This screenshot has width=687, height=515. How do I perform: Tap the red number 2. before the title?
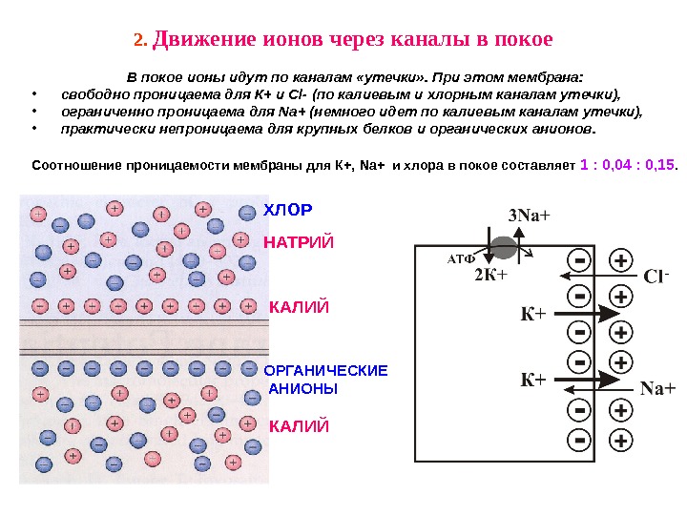139,41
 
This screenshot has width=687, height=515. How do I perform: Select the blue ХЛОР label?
287,209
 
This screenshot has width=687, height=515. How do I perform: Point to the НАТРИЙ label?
299,242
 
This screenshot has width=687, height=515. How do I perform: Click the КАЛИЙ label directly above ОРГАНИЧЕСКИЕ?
299,307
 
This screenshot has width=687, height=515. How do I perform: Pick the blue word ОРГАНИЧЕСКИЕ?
325,370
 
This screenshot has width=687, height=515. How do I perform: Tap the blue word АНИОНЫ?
304,389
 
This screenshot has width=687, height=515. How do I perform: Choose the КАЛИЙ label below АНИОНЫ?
299,426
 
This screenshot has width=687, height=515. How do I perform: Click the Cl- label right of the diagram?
656,278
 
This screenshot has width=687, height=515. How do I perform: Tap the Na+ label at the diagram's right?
657,388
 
